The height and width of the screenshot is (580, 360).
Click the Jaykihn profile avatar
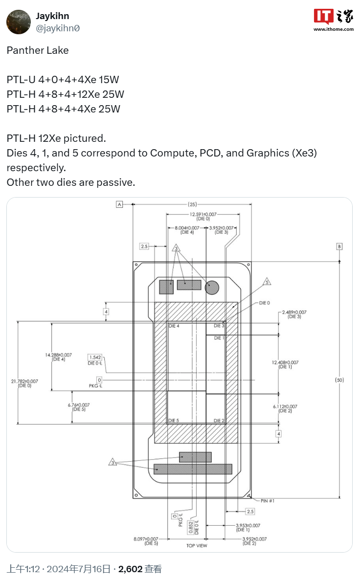pyautogui.click(x=19, y=22)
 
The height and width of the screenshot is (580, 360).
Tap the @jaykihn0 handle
pyautogui.click(x=58, y=28)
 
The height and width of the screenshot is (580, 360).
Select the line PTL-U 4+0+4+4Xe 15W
pyautogui.click(x=63, y=80)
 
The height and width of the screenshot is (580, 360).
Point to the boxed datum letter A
pyautogui.click(x=119, y=204)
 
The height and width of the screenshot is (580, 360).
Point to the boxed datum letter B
pyautogui.click(x=339, y=246)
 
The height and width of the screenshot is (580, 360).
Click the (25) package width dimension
pyautogui.click(x=192, y=204)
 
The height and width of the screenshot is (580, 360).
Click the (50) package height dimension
pyautogui.click(x=339, y=379)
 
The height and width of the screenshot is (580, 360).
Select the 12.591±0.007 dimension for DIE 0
pyautogui.click(x=202, y=214)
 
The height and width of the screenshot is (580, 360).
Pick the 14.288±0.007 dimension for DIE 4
pyautogui.click(x=58, y=355)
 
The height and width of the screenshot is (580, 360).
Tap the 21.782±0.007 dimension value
pyautogui.click(x=24, y=381)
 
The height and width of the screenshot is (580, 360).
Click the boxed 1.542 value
pyautogui.click(x=95, y=357)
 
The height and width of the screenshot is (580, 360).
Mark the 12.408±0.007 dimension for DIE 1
pyautogui.click(x=285, y=362)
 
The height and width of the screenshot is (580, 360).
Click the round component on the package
pyautogui.click(x=212, y=288)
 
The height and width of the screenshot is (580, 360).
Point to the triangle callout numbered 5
pyautogui.click(x=267, y=282)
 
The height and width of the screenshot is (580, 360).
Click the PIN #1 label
pyautogui.click(x=268, y=501)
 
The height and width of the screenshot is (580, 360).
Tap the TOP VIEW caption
pyautogui.click(x=197, y=545)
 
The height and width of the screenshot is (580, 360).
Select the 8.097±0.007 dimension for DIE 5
pyautogui.click(x=145, y=539)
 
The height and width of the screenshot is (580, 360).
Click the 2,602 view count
pyautogui.click(x=130, y=569)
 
